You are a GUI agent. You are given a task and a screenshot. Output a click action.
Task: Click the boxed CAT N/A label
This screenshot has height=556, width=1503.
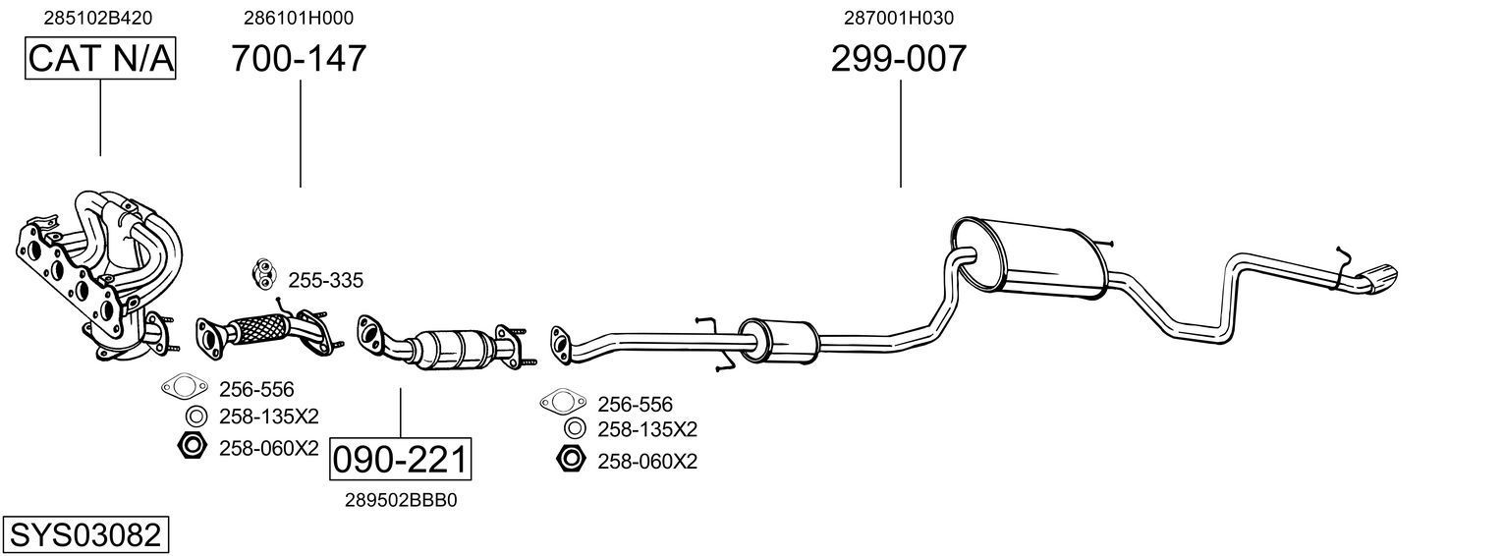(x=100, y=59)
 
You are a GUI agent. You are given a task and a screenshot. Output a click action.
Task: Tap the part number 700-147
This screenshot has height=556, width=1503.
(x=299, y=59)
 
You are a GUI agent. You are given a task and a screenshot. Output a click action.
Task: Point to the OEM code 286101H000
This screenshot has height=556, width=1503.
(x=299, y=18)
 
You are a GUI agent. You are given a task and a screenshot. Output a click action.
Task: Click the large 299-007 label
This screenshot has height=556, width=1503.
(x=899, y=59)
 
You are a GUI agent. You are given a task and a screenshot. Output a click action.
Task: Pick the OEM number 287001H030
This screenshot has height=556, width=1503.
(x=899, y=18)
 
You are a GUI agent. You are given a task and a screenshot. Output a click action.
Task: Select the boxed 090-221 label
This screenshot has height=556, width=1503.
(x=400, y=459)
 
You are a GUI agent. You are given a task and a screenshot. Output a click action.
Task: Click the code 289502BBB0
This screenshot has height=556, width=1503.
(x=401, y=500)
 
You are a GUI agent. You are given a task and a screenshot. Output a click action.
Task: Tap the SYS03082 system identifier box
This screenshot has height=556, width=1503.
(x=84, y=535)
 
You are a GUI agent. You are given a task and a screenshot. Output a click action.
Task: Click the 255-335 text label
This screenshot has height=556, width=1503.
(x=325, y=281)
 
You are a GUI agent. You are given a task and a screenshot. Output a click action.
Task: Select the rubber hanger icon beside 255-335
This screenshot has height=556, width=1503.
(x=264, y=273)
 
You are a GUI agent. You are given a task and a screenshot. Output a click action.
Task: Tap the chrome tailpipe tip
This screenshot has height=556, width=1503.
(x=1380, y=278)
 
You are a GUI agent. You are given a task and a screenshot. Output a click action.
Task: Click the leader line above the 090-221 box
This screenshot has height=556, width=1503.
(x=401, y=413)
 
